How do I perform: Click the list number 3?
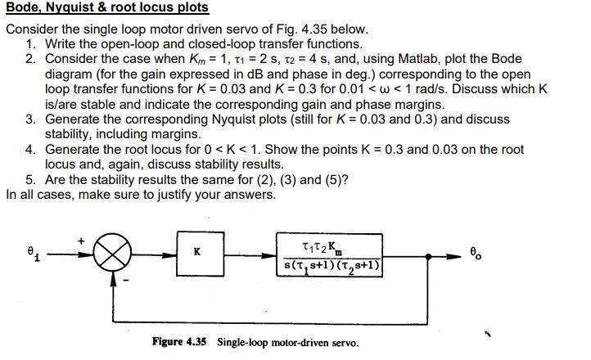[x=30, y=119]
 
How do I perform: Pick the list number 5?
[x=30, y=180]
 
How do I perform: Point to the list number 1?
[x=30, y=43]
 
